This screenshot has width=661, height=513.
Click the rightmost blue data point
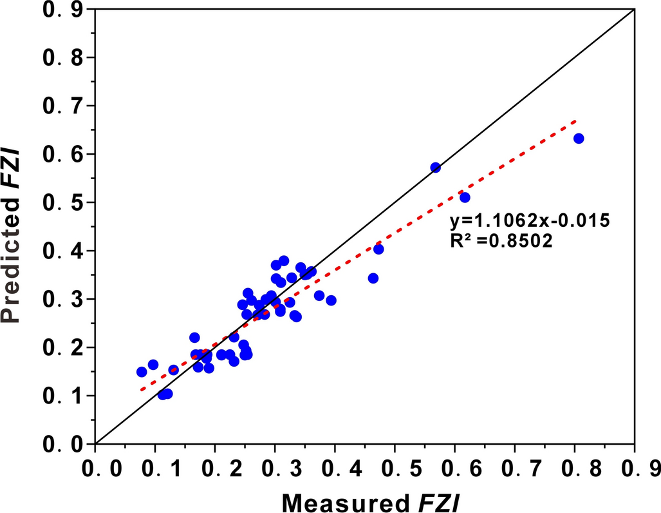579,139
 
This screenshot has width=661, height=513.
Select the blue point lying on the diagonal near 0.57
436,168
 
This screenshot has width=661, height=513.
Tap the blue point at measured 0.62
465,197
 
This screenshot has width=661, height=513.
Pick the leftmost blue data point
142,372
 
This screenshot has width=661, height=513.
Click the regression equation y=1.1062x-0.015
530,220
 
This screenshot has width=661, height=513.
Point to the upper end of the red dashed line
575,121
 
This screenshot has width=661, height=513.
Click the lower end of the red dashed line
141,389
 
